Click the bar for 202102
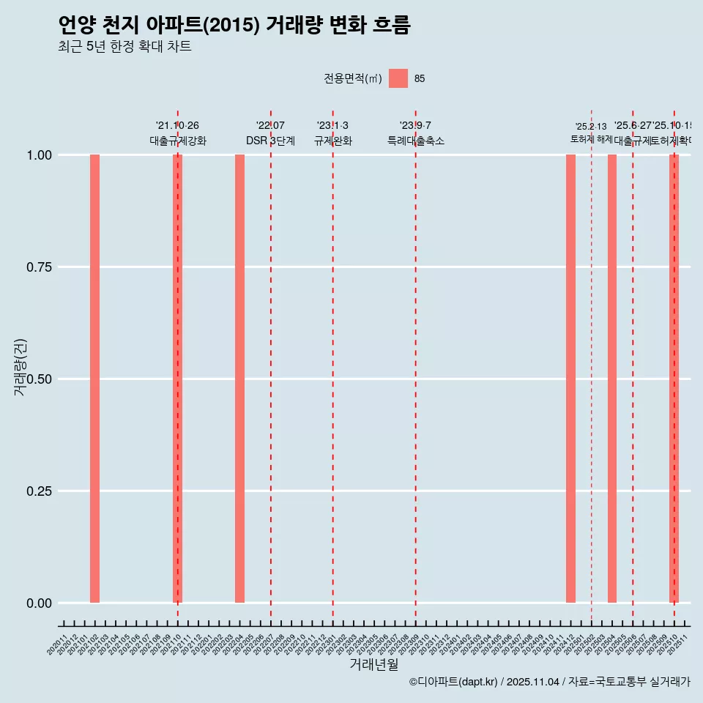[94, 379]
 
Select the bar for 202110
[177, 379]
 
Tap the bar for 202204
[239, 379]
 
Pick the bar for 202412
[570, 379]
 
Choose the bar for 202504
[612, 379]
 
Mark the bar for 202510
[674, 379]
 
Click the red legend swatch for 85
[398, 78]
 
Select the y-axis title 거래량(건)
[21, 368]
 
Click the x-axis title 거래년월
[373, 665]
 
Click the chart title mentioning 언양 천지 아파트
[234, 25]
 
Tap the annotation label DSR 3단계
[270, 141]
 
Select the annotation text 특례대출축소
[416, 141]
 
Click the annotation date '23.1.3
[332, 126]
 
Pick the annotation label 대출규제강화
[178, 141]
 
